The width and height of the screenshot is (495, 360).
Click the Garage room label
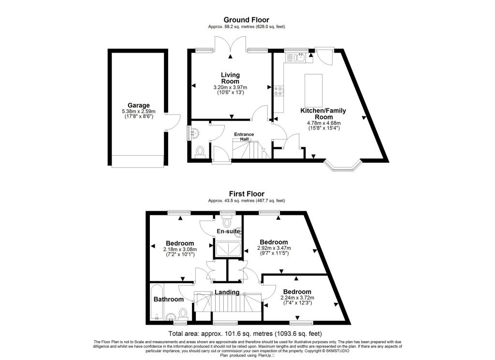pyautogui.click(x=139, y=105)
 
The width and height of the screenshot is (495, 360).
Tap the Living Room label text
pyautogui.click(x=231, y=78)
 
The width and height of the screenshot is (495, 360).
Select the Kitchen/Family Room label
pyautogui.click(x=324, y=114)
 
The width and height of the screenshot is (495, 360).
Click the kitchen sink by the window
pyautogui.click(x=297, y=58)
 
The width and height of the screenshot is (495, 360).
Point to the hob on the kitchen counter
pyautogui.click(x=279, y=92)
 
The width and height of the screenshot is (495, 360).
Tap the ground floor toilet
pyautogui.click(x=201, y=151)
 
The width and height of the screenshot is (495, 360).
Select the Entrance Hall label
pyautogui.click(x=245, y=136)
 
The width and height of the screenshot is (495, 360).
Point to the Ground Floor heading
pyautogui.click(x=247, y=20)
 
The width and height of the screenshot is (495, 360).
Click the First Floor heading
pyautogui.click(x=247, y=194)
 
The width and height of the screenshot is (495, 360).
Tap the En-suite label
pyautogui.click(x=229, y=232)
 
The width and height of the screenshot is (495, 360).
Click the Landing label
pyautogui.click(x=227, y=292)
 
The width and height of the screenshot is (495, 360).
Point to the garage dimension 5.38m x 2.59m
pyautogui.click(x=139, y=112)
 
